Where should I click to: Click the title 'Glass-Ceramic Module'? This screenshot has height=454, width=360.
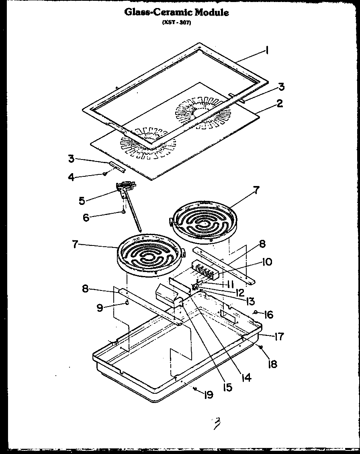[x=176, y=12]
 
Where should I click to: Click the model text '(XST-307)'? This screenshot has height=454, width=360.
[x=176, y=23]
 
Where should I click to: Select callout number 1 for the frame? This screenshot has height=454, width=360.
[x=267, y=51]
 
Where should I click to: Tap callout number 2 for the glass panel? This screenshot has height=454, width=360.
[x=280, y=104]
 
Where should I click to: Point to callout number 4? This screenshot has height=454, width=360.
[x=71, y=177]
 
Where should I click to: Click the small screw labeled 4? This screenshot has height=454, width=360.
[x=104, y=174]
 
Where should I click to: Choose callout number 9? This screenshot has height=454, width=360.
[x=99, y=308]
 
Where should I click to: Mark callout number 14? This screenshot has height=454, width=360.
[x=245, y=377]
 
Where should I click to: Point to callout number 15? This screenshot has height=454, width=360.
[x=227, y=387]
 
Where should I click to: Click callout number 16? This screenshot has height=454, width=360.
[x=268, y=315]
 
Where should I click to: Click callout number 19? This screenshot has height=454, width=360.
[x=208, y=395]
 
